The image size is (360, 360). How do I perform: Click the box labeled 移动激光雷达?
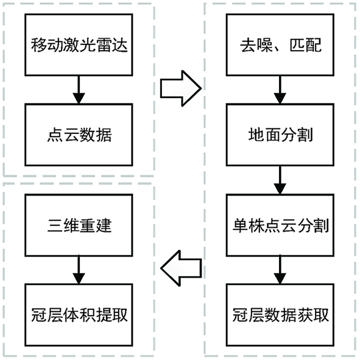point(79,44)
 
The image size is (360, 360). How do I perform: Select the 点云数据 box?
point(79,135)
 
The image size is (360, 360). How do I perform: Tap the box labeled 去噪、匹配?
point(280,44)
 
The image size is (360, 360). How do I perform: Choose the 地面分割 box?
point(280,135)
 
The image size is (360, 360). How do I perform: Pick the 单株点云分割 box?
point(280,225)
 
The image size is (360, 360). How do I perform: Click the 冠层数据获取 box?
point(280,315)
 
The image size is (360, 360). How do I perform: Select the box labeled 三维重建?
point(79,225)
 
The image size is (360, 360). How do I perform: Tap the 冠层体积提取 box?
point(79,315)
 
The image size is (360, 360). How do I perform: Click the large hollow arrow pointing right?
point(181,88)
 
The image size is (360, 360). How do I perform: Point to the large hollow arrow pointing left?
point(181,268)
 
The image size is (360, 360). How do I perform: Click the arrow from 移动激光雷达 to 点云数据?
point(79,90)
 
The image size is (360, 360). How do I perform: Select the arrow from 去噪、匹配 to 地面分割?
point(280,90)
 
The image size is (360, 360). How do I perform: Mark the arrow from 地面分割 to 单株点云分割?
point(280,180)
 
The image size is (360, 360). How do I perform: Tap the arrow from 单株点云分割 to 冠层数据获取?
point(280,270)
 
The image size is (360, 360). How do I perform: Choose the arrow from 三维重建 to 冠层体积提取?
point(79,270)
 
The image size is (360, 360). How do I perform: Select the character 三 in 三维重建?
point(55,225)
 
